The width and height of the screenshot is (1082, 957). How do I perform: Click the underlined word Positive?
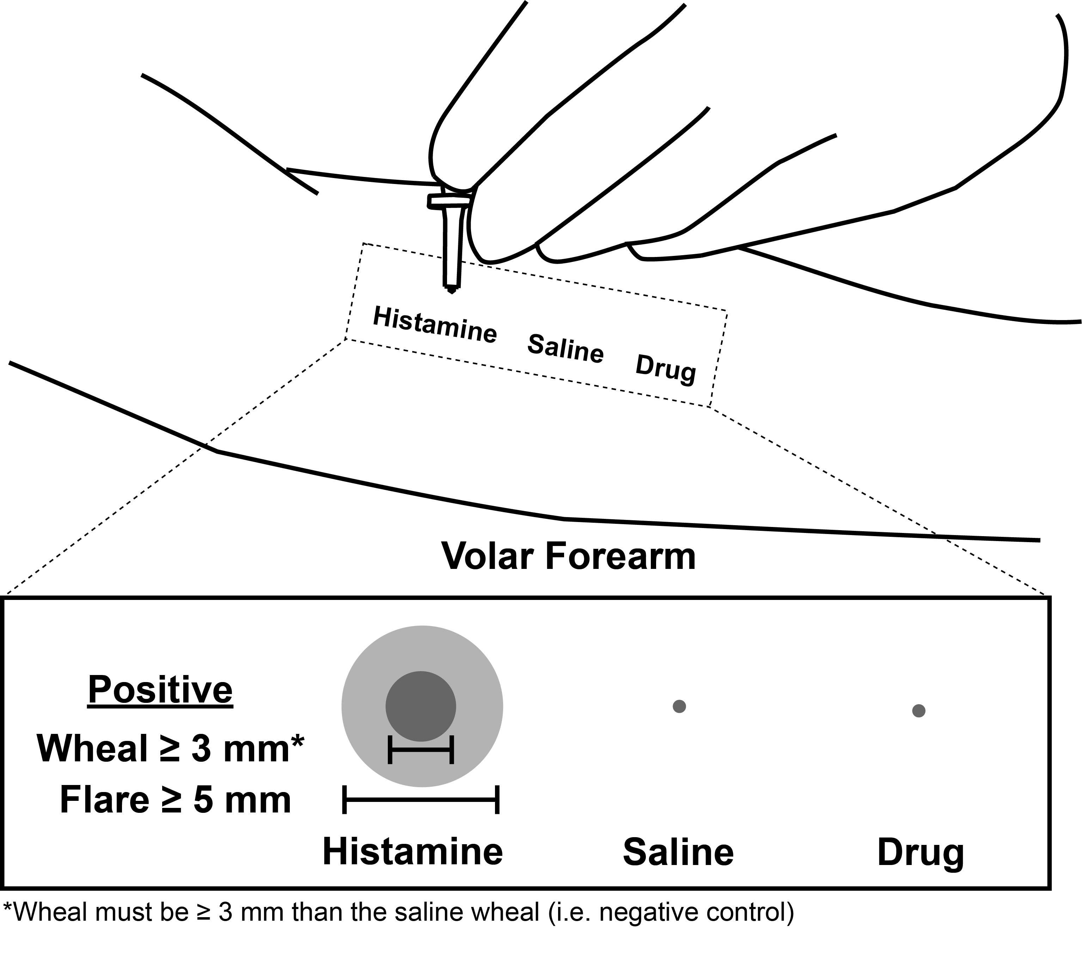[x=160, y=690]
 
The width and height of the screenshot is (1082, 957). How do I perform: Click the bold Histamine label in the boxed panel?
[x=412, y=852]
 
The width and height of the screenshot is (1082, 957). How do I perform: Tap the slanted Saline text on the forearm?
[x=566, y=348]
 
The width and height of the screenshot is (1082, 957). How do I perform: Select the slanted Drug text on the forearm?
[x=665, y=369]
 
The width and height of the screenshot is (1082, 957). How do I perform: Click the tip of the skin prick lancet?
[x=451, y=290]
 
